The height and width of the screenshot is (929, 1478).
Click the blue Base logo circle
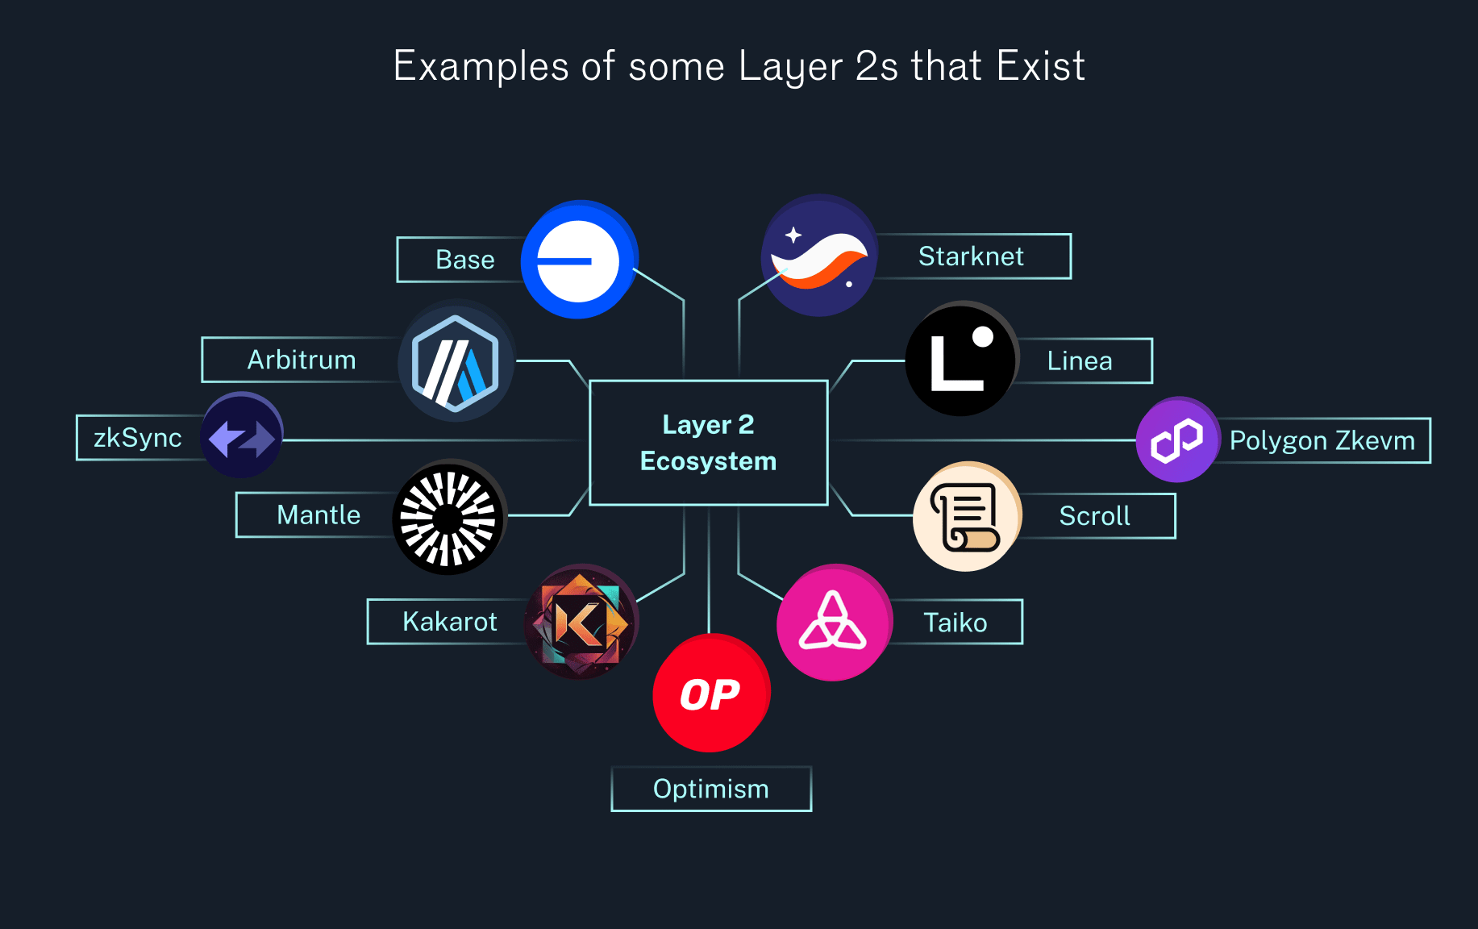click(x=579, y=260)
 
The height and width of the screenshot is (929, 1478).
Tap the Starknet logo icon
click(x=819, y=256)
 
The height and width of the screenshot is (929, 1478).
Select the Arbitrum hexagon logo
click(x=456, y=362)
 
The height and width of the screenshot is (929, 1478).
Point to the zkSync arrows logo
click(x=242, y=436)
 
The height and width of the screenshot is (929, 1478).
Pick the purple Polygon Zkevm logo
click(x=1177, y=440)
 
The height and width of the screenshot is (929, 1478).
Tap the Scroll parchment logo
click(x=967, y=517)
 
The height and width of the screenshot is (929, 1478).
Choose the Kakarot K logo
click(x=581, y=622)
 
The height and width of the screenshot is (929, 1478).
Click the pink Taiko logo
click(x=834, y=623)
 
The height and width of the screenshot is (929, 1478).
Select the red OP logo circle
click(x=710, y=694)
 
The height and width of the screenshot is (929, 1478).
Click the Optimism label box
click(x=711, y=789)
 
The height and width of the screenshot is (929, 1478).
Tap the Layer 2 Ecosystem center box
click(x=709, y=443)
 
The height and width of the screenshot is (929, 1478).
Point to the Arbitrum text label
click(x=302, y=360)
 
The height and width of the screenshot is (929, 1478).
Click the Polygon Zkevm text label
click(x=1322, y=440)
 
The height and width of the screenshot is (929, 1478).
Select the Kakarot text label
click(x=449, y=622)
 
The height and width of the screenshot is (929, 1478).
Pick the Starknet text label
click(x=971, y=256)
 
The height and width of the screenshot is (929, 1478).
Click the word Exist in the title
click(x=1040, y=66)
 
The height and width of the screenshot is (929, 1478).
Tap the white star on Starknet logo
click(x=793, y=235)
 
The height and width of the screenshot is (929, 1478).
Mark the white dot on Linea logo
click(x=983, y=336)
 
